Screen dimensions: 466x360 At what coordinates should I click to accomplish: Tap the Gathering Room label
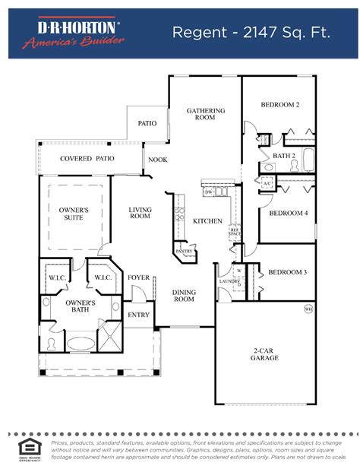[x=206, y=114]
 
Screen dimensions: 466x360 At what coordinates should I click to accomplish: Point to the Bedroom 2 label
[x=279, y=104]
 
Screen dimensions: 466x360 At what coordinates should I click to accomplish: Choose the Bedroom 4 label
[x=288, y=214]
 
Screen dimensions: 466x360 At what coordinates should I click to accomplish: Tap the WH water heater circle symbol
[x=308, y=309]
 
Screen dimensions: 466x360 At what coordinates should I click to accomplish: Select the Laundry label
[x=230, y=281]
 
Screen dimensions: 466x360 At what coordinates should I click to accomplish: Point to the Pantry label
[x=183, y=250]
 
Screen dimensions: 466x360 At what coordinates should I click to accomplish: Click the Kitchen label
[x=207, y=221]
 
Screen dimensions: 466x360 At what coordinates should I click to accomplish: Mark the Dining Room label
[x=184, y=295]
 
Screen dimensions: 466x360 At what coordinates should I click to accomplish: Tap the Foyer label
[x=138, y=277]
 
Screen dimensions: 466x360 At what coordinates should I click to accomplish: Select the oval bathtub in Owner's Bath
[x=80, y=343]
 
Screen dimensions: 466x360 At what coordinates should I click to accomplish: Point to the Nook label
[x=158, y=160]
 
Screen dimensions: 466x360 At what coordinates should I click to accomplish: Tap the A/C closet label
[x=267, y=184]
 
